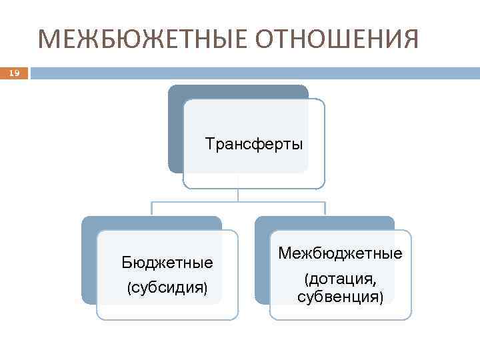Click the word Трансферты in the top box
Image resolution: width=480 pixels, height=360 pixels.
[254, 144]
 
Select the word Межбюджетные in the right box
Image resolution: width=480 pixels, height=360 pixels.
[340, 253]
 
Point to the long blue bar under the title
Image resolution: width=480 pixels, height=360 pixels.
[253, 73]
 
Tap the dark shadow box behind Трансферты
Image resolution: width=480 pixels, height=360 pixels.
[175, 127]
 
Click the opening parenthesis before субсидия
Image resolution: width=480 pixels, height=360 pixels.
[129, 287]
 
